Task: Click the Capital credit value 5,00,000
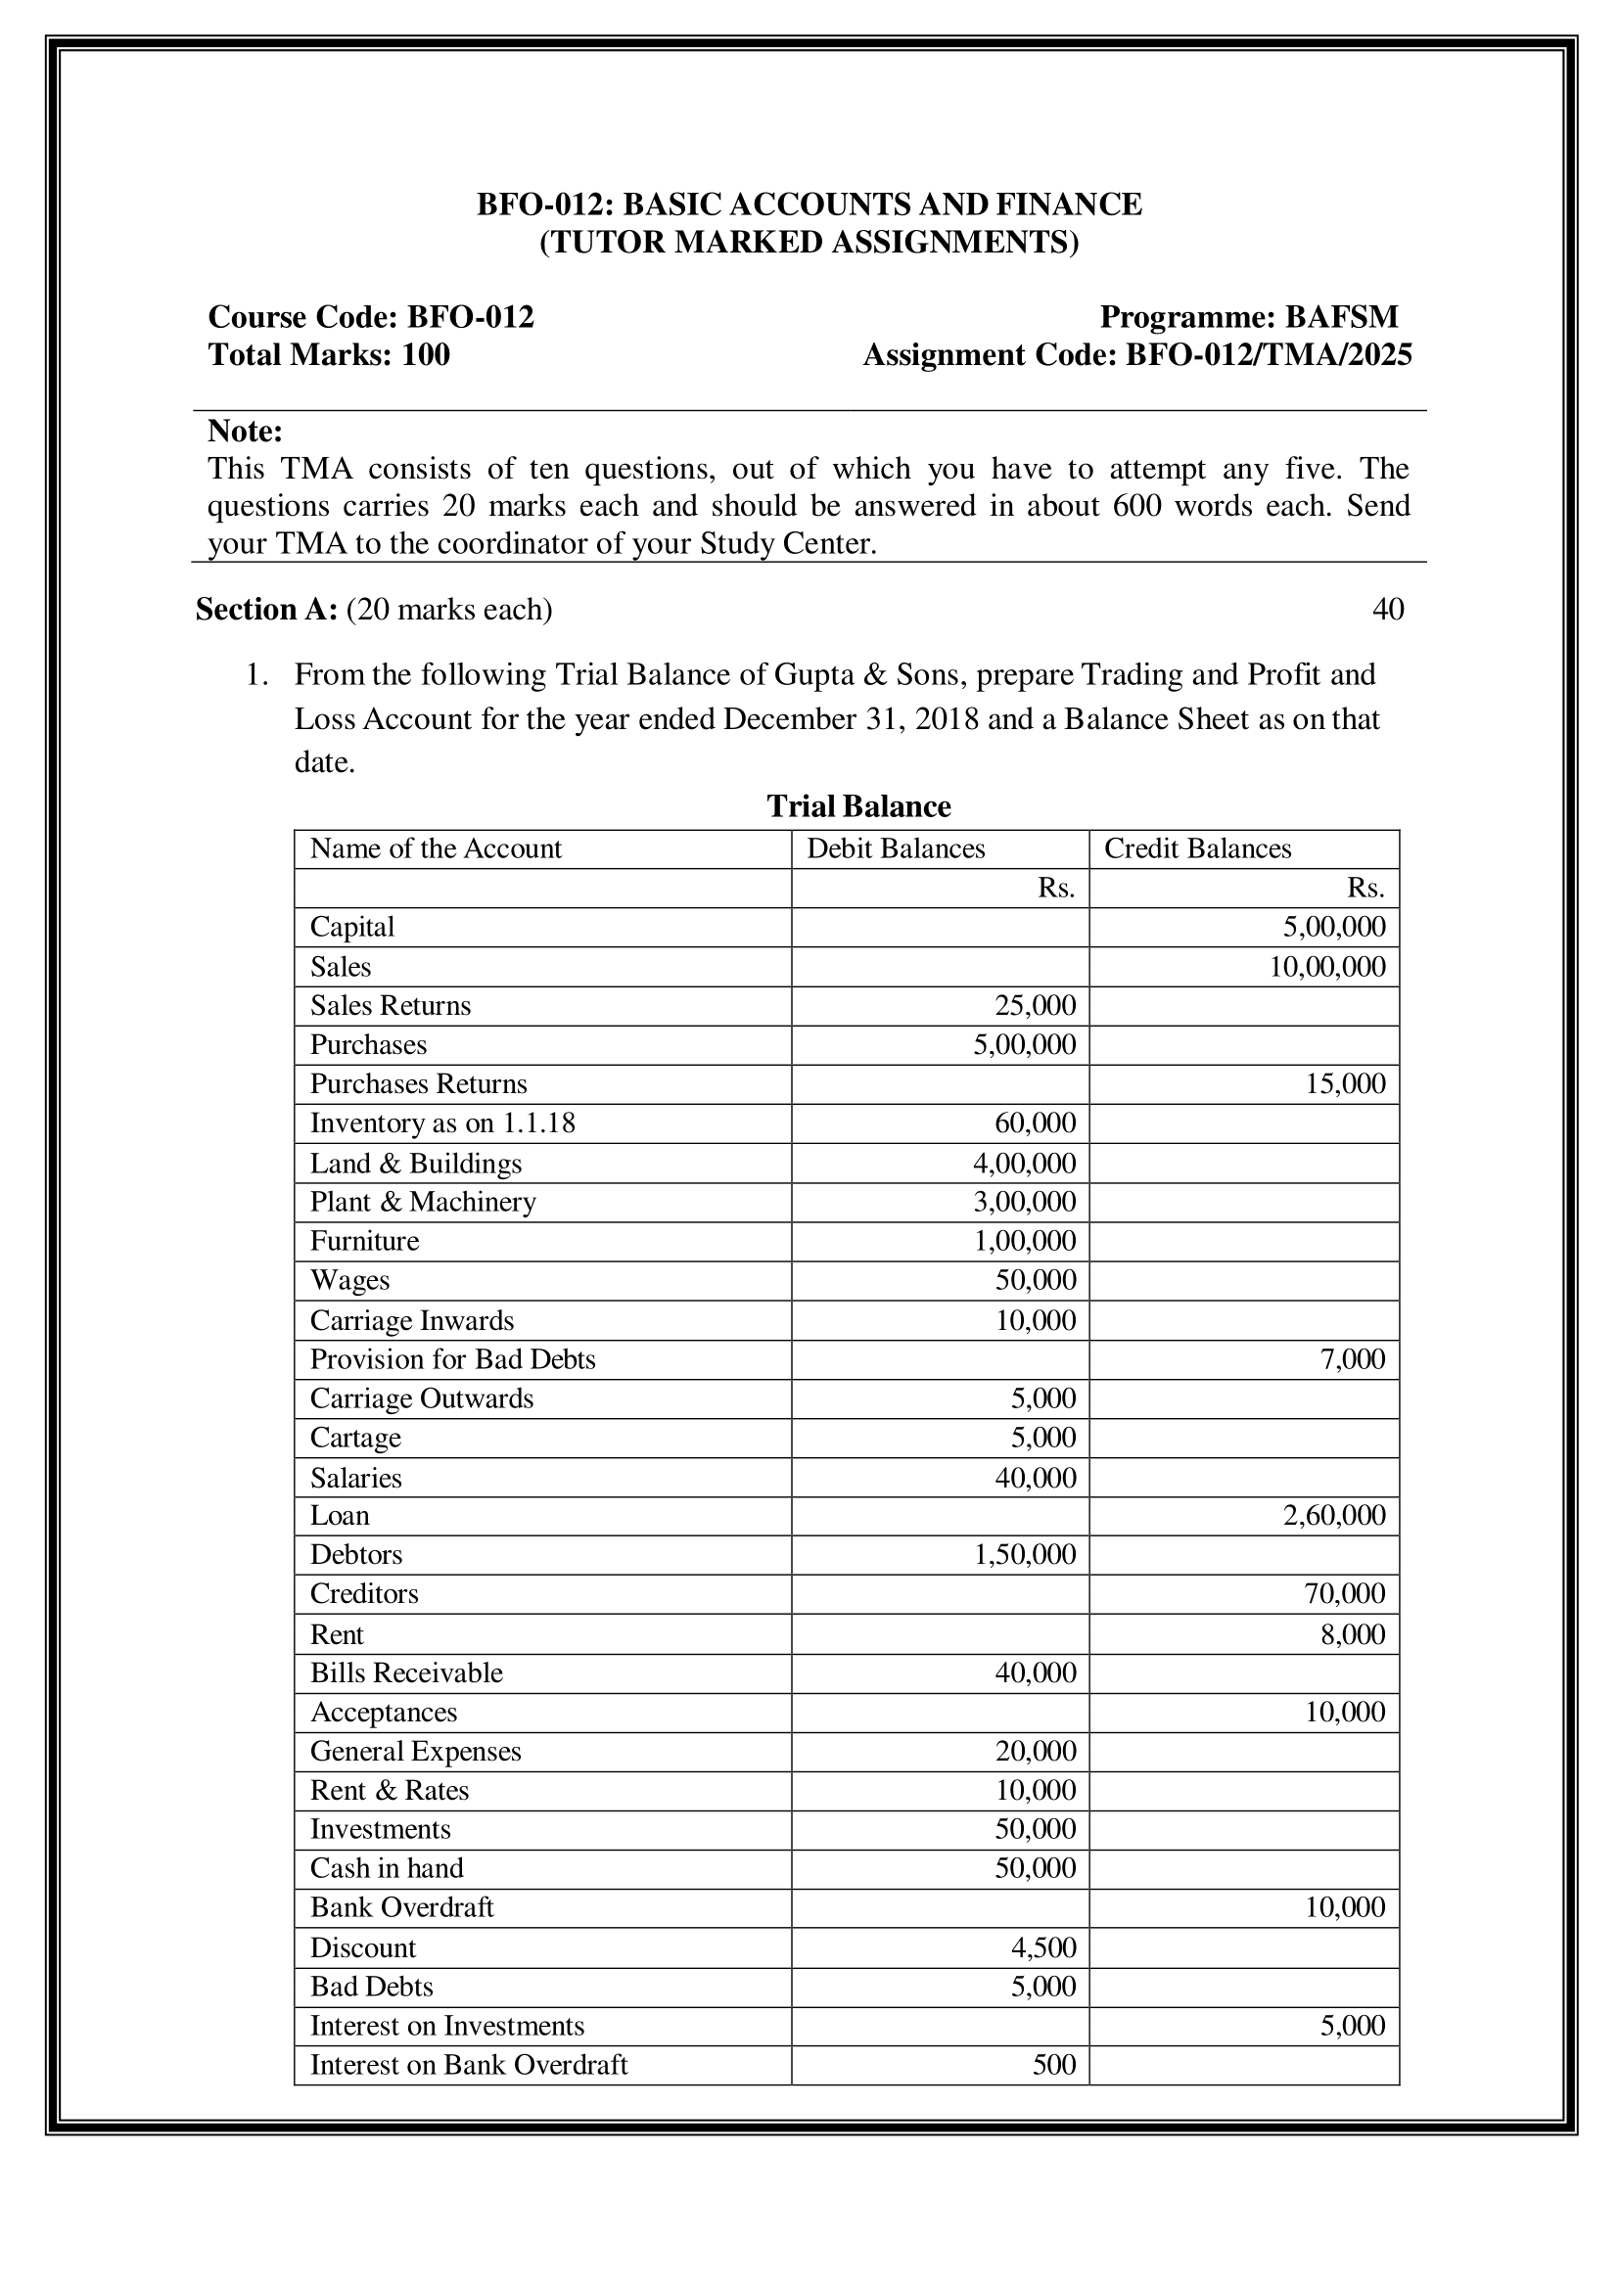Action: pyautogui.click(x=1333, y=927)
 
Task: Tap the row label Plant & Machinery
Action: pyautogui.click(x=423, y=1202)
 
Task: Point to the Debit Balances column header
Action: pyautogui.click(x=896, y=848)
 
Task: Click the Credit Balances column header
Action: pyautogui.click(x=1196, y=848)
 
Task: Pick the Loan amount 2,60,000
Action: pyautogui.click(x=1333, y=1515)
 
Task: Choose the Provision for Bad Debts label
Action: pyautogui.click(x=452, y=1359)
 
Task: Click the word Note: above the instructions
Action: pyautogui.click(x=246, y=432)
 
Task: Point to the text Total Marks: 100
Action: pyautogui.click(x=329, y=355)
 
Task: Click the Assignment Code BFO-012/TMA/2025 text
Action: pyautogui.click(x=1136, y=355)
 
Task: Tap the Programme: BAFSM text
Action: pyautogui.click(x=1248, y=317)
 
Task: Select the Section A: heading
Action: pyautogui.click(x=266, y=609)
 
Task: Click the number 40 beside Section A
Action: pyautogui.click(x=1388, y=609)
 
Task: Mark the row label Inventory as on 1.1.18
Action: pyautogui.click(x=442, y=1122)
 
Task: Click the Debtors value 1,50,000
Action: pyautogui.click(x=1024, y=1554)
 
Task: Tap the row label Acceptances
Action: pyautogui.click(x=384, y=1712)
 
